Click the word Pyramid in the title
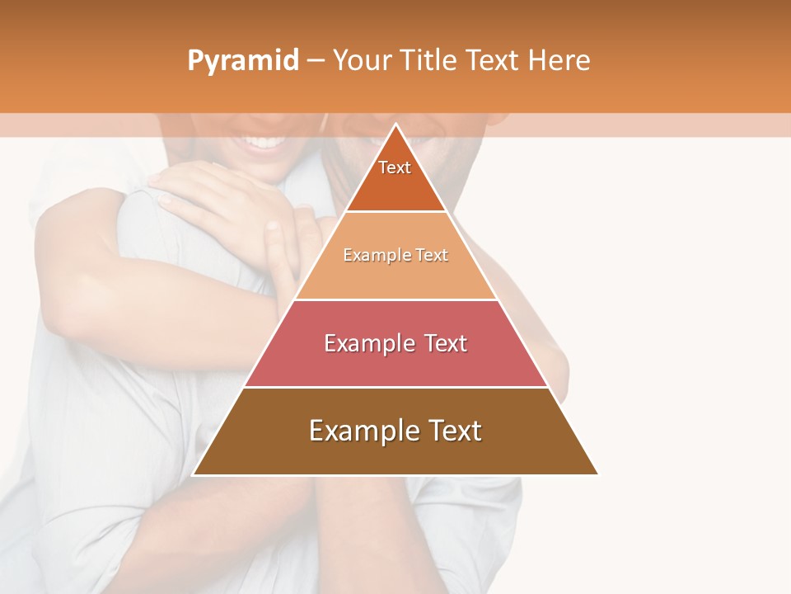[243, 61]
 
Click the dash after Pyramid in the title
[316, 61]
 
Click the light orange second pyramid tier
[395, 264]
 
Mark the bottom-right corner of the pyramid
[597, 474]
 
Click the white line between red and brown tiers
[395, 387]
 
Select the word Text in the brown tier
[453, 431]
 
